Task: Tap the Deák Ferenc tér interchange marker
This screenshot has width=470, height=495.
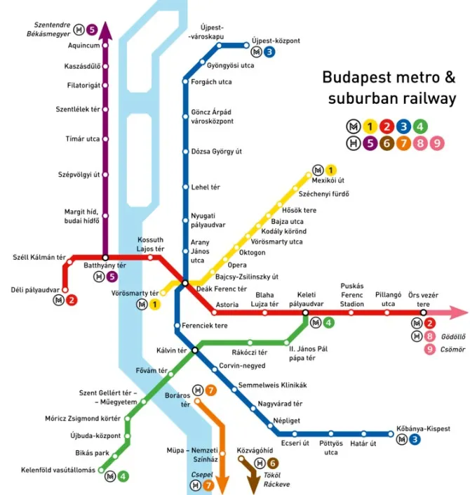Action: [x=184, y=283]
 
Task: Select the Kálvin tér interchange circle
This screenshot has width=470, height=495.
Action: [x=195, y=350]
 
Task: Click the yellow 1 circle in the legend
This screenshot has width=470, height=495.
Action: [x=369, y=127]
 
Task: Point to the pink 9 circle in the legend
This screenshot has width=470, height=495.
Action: [x=438, y=143]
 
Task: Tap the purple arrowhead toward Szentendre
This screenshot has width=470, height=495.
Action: [x=105, y=29]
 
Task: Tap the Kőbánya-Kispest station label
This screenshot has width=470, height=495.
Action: [x=423, y=428]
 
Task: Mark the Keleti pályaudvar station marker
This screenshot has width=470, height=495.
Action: [x=306, y=312]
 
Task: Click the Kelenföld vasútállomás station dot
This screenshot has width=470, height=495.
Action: [x=102, y=470]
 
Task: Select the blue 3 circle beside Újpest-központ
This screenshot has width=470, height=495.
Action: [x=269, y=52]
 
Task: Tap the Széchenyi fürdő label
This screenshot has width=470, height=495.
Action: [x=323, y=194]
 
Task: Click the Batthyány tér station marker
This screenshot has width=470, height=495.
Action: [x=105, y=258]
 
